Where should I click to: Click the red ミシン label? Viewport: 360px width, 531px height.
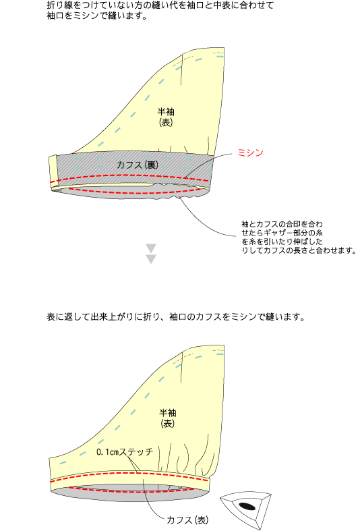click(250, 152)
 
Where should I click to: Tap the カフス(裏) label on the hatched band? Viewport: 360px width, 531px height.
click(137, 165)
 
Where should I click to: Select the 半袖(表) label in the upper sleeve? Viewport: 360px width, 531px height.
click(166, 117)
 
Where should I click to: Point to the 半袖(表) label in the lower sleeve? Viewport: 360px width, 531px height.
click(167, 418)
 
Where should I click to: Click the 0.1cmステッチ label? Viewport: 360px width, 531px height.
click(125, 452)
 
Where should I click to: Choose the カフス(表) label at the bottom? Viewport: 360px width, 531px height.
click(187, 520)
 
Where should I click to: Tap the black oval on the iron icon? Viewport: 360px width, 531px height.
click(247, 506)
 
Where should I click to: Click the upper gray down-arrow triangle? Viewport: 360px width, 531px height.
click(151, 248)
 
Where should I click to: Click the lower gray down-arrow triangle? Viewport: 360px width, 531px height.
click(151, 259)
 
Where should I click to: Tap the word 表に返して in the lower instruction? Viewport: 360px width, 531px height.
click(68, 317)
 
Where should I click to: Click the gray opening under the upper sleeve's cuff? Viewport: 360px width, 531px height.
click(136, 192)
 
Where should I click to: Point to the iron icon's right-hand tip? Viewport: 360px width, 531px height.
click(271, 495)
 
